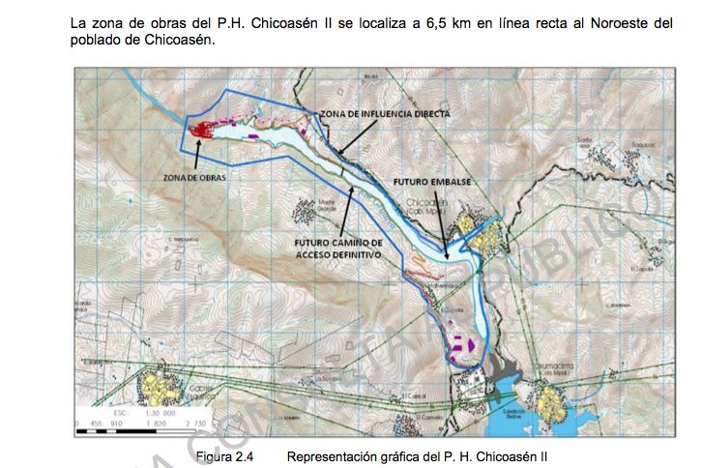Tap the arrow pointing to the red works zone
click(197, 150)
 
